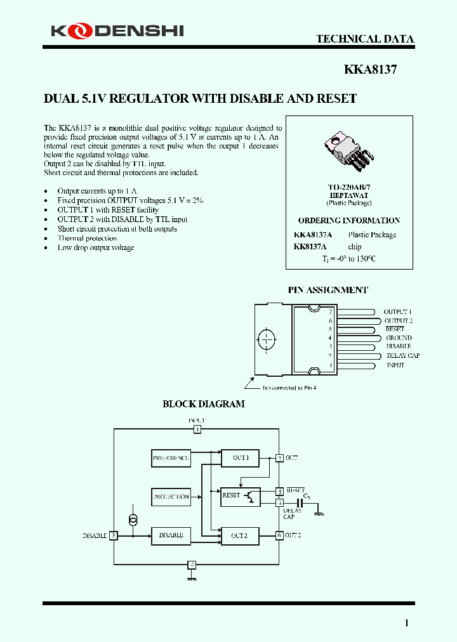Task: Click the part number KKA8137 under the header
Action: coord(370,70)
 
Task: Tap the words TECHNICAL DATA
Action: coord(365,39)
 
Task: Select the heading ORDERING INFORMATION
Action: coord(349,221)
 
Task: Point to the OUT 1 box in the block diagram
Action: coord(240,457)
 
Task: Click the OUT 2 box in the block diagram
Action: coord(240,535)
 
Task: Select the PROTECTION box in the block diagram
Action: coord(171,497)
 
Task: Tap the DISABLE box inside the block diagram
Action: coord(171,535)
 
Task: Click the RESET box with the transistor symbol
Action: coord(240,495)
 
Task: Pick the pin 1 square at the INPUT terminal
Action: coord(197,429)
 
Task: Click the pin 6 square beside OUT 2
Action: coord(279,535)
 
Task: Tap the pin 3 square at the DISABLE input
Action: coord(114,535)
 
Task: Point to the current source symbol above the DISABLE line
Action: coord(133,520)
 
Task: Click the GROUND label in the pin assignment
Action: coord(399,338)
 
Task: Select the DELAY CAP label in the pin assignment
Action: coord(402,356)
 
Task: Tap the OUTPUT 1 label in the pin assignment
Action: coord(397,312)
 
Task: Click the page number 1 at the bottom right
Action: coord(407,623)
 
